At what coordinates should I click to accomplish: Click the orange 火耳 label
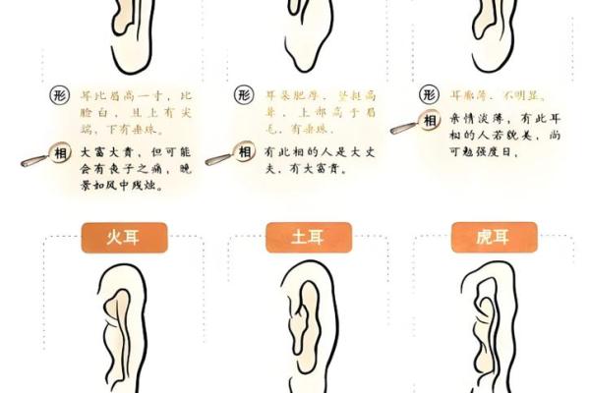pos(123,237)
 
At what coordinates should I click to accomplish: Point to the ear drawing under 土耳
pos(300,329)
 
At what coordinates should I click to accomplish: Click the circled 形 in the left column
pos(59,96)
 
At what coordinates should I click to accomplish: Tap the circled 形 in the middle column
pos(244,95)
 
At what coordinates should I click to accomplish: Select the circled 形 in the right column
pos(428,95)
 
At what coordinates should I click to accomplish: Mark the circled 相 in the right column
pos(429,121)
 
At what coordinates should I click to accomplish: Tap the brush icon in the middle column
pos(218,157)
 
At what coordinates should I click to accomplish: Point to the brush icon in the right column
pos(403,127)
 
